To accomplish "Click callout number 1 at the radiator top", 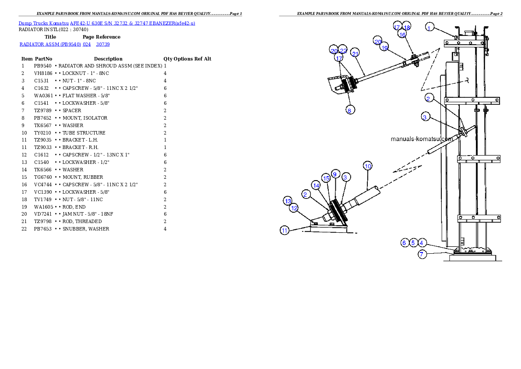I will click(x=429, y=28).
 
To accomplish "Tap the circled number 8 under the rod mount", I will click(x=349, y=110).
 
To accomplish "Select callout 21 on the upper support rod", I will click(x=355, y=53).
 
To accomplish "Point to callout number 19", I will click(x=385, y=48).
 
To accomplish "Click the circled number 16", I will click(x=402, y=34).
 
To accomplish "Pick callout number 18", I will click(x=407, y=27).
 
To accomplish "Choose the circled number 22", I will click(x=343, y=50).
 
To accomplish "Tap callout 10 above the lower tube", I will click(x=368, y=166).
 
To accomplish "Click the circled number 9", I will click(x=335, y=174).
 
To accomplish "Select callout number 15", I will click(x=326, y=178).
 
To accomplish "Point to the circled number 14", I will click(x=316, y=185).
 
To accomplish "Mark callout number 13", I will click(x=288, y=201).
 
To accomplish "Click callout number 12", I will click(x=294, y=208).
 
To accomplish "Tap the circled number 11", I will click(x=285, y=231).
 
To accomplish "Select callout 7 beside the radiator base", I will click(x=422, y=254).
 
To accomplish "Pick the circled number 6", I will click(x=405, y=242).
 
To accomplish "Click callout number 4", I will click(x=422, y=242).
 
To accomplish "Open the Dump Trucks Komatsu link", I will click(x=107, y=23).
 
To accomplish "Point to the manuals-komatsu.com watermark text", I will click(x=422, y=139).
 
